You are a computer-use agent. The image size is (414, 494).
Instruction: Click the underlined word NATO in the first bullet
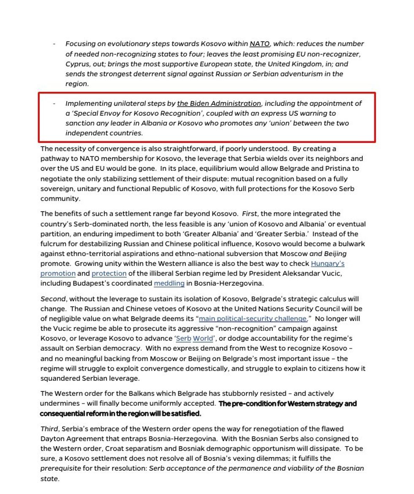[259, 44]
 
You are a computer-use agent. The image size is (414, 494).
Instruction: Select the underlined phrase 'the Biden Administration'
[219, 104]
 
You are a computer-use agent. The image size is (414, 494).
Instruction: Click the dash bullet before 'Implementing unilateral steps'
[54, 104]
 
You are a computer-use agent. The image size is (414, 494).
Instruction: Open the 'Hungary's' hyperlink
[327, 264]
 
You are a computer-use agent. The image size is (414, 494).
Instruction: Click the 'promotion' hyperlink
[58, 273]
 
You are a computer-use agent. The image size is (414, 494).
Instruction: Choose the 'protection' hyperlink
[109, 273]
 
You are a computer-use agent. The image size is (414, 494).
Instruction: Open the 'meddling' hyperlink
[169, 284]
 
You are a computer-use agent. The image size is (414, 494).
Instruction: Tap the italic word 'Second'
[53, 299]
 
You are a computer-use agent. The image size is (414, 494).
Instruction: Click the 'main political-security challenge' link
[253, 319]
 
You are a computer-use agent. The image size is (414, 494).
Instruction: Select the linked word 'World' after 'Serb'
[203, 339]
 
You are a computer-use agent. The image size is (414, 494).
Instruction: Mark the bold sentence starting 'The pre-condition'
[287, 404]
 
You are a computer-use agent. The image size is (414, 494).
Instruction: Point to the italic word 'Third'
[49, 429]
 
